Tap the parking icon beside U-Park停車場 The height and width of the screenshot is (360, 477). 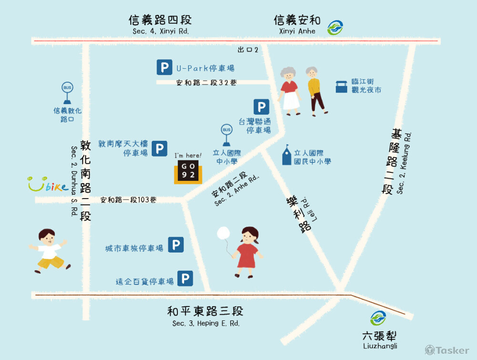pos(165,68)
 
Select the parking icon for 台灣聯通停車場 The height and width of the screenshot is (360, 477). pos(261,107)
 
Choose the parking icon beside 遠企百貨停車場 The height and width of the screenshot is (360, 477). pos(185,278)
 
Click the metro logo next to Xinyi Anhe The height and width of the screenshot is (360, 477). pos(335,28)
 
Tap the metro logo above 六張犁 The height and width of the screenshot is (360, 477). pos(379,318)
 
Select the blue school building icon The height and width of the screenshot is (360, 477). pos(286,155)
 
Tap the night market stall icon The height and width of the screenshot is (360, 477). pos(341,86)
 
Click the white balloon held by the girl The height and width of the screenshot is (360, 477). pos(223,233)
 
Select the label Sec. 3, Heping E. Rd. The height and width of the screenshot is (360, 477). pos(206,323)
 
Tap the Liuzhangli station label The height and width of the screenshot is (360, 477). pos(380,346)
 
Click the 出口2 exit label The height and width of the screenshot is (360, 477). pos(248,50)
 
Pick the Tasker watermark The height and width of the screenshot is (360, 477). pos(447,350)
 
